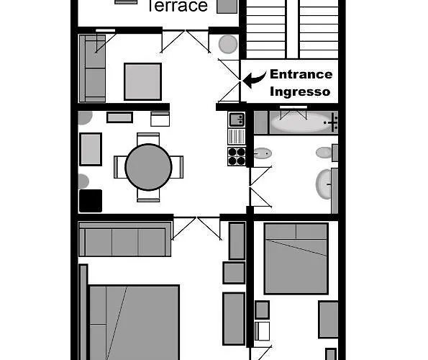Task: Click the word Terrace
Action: (x=178, y=6)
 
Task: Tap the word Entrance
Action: (x=301, y=74)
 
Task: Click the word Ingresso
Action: (x=300, y=91)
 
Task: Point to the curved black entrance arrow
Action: (x=254, y=79)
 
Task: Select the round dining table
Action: (x=148, y=167)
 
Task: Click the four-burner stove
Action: (x=237, y=156)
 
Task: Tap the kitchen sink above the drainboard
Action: (x=237, y=120)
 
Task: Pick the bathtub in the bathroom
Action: (x=304, y=122)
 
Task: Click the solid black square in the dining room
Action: (x=91, y=201)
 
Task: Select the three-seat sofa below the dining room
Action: (x=124, y=239)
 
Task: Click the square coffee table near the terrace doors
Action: (x=142, y=81)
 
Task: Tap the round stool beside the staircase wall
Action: (x=228, y=44)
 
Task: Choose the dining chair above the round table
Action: (x=148, y=138)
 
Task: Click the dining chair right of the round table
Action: (x=178, y=167)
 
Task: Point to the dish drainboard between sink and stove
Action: (x=237, y=136)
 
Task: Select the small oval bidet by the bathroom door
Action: (x=263, y=153)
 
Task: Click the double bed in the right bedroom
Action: (x=296, y=258)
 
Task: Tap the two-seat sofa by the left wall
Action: (x=92, y=68)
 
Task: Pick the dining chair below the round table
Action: (x=148, y=196)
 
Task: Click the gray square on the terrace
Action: (x=227, y=6)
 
